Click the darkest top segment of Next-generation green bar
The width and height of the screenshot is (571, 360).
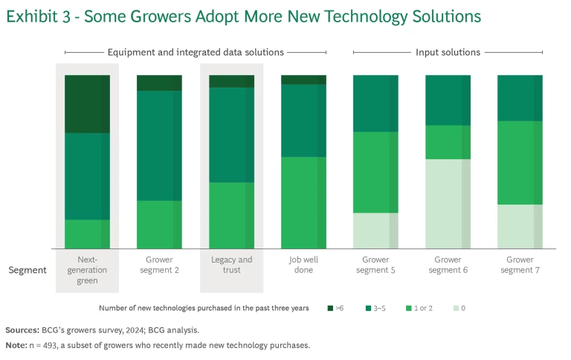(x=87, y=103)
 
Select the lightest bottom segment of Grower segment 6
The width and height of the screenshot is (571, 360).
(x=448, y=204)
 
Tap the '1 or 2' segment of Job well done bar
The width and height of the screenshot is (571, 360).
(x=303, y=202)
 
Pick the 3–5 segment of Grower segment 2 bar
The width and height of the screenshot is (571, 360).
(x=159, y=145)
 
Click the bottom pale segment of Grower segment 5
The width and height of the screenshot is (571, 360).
(x=375, y=231)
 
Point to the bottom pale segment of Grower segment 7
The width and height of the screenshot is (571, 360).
(x=520, y=226)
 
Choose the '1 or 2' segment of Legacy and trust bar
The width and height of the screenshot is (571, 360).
(x=231, y=215)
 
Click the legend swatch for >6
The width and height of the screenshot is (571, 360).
(x=329, y=308)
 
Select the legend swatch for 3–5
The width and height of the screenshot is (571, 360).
(x=367, y=308)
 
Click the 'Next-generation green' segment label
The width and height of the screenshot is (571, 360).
(x=87, y=270)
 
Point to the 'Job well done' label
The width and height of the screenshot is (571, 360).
(x=303, y=265)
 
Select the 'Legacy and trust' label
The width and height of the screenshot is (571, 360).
(x=231, y=265)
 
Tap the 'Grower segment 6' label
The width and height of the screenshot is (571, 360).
(x=448, y=265)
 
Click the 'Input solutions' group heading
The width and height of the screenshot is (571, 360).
(x=447, y=52)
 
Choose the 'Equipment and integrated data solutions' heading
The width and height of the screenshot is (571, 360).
(x=195, y=52)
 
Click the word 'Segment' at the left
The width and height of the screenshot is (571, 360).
(x=28, y=270)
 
